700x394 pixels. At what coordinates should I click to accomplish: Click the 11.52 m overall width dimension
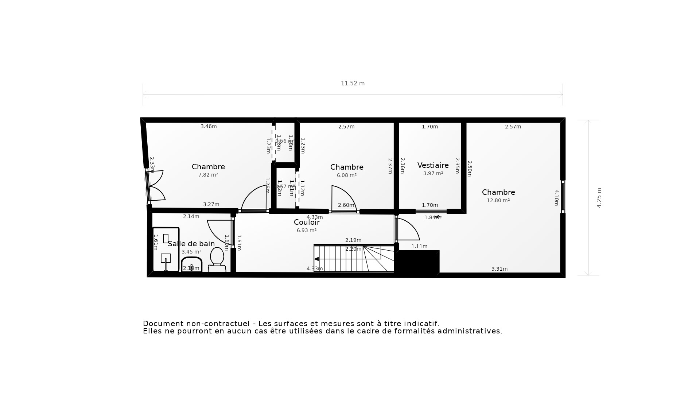(353, 84)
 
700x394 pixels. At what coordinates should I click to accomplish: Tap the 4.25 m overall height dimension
(599, 198)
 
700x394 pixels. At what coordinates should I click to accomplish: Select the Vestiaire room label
(433, 165)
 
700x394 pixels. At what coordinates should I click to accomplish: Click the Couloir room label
(307, 222)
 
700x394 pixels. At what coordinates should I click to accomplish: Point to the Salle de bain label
(191, 244)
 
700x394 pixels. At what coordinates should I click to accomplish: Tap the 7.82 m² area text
(208, 175)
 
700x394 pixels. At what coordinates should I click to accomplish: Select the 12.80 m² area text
(498, 200)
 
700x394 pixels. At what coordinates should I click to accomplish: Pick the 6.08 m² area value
(346, 175)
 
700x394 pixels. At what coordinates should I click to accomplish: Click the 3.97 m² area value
(433, 173)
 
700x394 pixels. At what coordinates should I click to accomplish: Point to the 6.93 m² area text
(306, 230)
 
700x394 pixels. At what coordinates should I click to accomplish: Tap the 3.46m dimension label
(209, 126)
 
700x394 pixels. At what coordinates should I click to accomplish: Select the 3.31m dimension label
(499, 269)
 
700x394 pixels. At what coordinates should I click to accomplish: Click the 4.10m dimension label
(556, 198)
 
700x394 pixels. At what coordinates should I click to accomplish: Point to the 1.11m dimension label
(419, 246)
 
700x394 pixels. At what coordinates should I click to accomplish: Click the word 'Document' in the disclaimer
(163, 324)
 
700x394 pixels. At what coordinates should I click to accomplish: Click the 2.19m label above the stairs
(353, 240)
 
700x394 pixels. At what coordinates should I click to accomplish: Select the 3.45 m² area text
(191, 252)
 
